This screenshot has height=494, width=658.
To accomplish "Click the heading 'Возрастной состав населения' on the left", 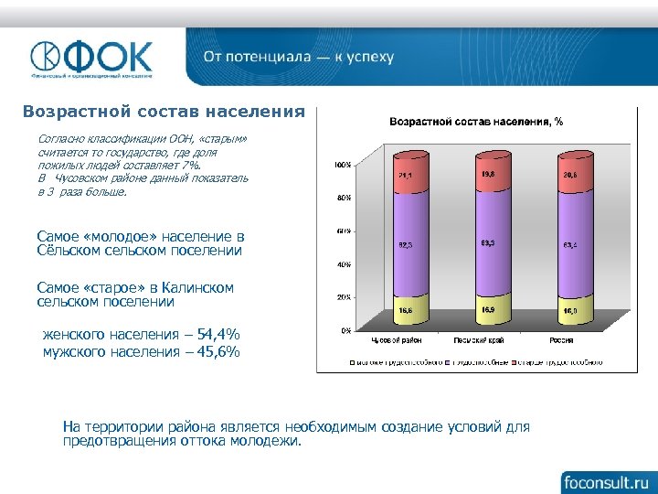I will (x=164, y=112).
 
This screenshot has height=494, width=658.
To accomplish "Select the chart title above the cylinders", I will (x=476, y=121).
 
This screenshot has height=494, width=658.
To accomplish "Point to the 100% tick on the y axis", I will (x=339, y=166).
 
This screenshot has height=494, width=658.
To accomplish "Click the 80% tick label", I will (x=341, y=198).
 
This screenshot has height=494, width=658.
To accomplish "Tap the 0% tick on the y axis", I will (x=344, y=329).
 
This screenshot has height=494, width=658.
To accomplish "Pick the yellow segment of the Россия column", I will (x=569, y=310).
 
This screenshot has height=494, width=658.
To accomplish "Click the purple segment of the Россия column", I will (x=569, y=245).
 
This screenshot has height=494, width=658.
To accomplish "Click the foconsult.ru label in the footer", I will (x=605, y=480).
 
